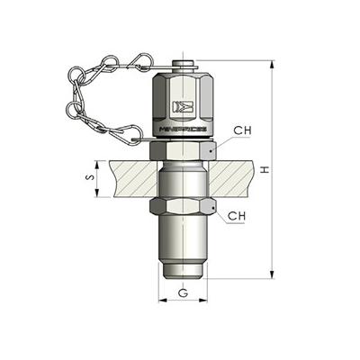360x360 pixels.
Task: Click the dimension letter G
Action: (x=183, y=292)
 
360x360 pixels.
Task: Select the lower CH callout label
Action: (x=237, y=216)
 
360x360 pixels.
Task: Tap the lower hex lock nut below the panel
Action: (x=184, y=211)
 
